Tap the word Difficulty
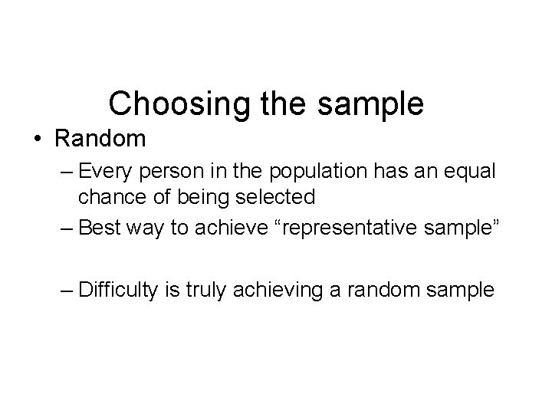click(x=117, y=290)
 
